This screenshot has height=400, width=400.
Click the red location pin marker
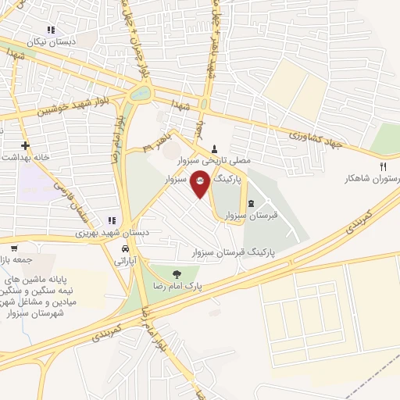[x=200, y=183]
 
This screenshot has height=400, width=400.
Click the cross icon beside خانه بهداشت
[x=25, y=145]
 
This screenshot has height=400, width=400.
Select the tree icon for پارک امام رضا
[x=177, y=273]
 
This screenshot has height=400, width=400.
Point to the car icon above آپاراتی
[x=123, y=248]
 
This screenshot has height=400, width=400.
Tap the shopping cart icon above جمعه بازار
[x=13, y=248]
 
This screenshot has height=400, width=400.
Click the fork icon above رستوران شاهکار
[x=383, y=166]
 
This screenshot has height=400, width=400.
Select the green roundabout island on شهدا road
[x=141, y=95]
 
